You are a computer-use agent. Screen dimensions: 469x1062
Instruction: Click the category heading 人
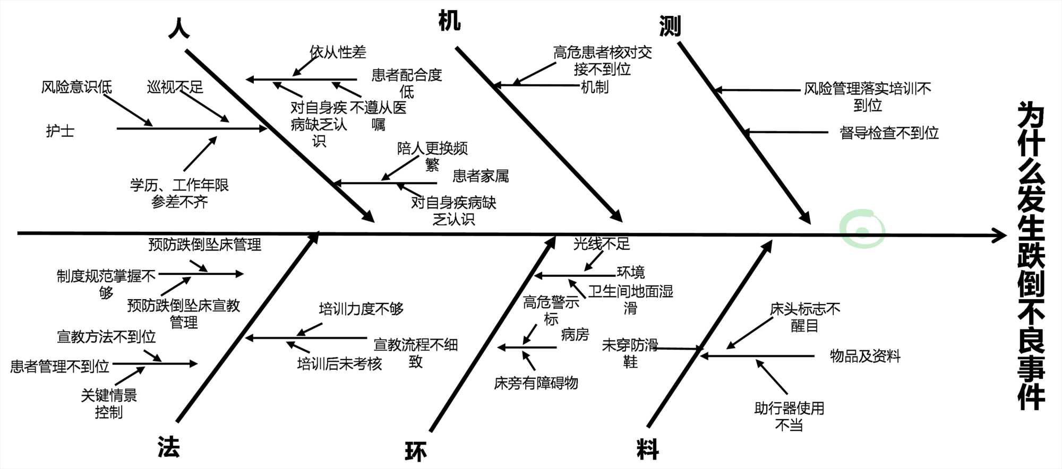[179, 28]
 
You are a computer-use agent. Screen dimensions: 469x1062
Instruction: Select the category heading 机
[449, 21]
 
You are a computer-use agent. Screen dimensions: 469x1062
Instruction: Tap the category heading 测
[670, 25]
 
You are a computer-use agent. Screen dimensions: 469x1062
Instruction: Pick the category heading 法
[169, 447]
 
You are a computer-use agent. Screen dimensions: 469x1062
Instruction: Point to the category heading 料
[648, 449]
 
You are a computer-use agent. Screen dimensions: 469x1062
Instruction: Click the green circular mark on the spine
[862, 230]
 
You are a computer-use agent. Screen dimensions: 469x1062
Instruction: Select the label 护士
[60, 131]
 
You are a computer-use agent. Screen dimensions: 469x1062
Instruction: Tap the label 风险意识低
[76, 87]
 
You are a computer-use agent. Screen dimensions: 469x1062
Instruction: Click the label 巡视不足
[175, 87]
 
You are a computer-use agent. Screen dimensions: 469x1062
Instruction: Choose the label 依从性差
[338, 52]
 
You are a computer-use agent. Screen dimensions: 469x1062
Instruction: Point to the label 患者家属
[481, 176]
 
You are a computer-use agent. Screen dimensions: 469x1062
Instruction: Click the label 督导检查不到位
[889, 133]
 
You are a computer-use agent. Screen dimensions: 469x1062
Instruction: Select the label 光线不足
[602, 244]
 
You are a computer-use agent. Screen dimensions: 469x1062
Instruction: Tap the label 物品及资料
[865, 356]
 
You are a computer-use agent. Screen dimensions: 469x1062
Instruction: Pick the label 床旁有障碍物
[536, 383]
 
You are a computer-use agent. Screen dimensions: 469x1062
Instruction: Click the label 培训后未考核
[339, 364]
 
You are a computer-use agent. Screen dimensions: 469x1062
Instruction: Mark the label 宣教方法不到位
[106, 337]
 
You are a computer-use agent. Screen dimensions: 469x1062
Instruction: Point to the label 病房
[575, 335]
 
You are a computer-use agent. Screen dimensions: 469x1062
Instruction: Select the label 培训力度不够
[361, 309]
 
